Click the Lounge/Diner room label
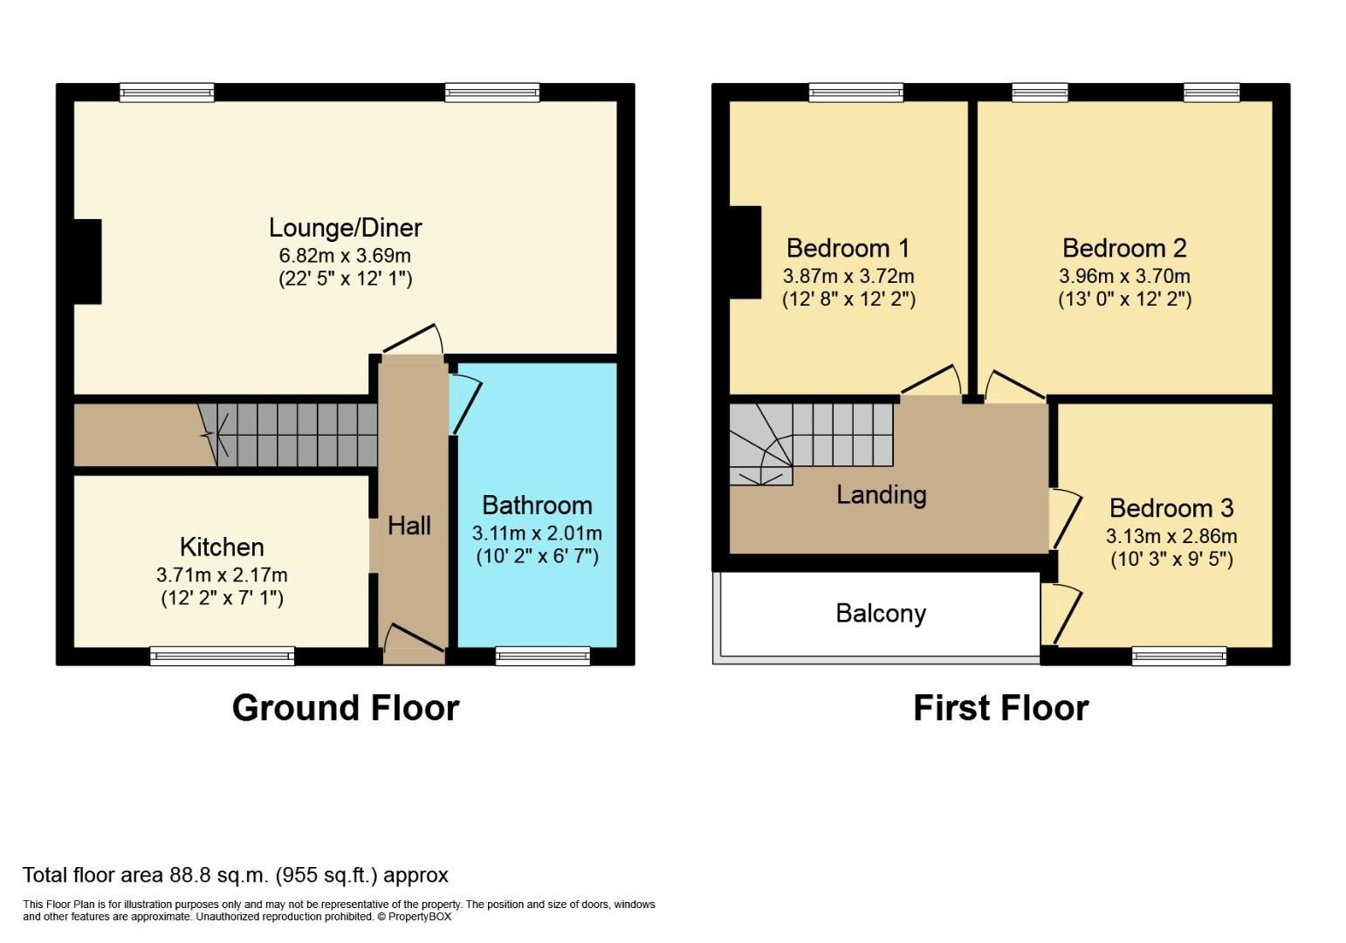(345, 228)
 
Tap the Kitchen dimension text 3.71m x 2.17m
(222, 575)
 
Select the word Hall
(409, 526)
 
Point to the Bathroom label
(537, 506)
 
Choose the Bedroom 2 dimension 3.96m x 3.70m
(1124, 276)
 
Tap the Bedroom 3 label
(1171, 508)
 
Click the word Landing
(881, 495)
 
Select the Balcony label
(880, 614)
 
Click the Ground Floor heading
(346, 708)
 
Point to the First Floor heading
(1000, 708)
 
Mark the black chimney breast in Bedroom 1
(745, 252)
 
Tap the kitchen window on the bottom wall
(222, 656)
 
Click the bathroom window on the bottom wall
(542, 656)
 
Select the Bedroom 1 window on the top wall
(855, 93)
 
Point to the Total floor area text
(235, 875)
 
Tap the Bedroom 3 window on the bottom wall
(1178, 656)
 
